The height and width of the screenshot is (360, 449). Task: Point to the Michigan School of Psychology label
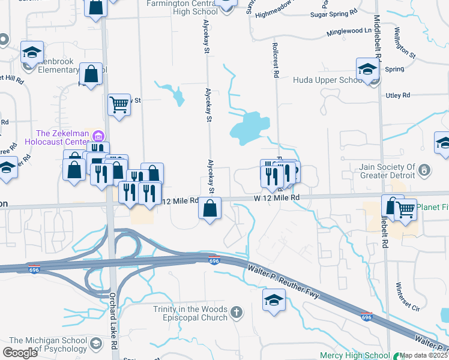(x=48, y=344)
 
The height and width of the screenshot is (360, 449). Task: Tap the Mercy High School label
(x=355, y=355)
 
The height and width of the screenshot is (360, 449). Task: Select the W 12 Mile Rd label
(x=276, y=197)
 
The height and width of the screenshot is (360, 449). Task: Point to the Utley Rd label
(x=397, y=95)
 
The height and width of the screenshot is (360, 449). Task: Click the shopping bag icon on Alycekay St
(x=210, y=209)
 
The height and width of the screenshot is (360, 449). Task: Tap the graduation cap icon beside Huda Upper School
(x=367, y=69)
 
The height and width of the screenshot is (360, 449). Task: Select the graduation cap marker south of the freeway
(x=274, y=300)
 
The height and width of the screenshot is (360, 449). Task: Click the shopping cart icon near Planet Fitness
(x=406, y=210)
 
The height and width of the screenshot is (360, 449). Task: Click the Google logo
(x=20, y=353)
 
